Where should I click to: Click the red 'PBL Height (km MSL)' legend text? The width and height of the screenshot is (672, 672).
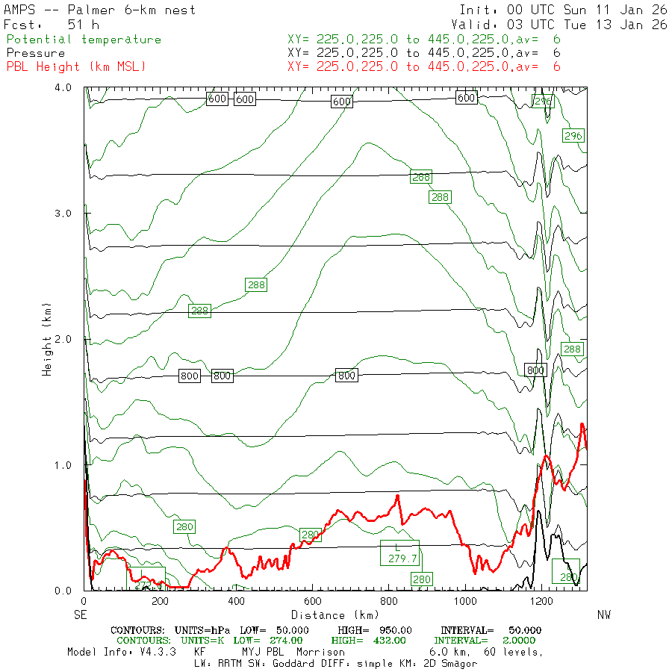[76, 67]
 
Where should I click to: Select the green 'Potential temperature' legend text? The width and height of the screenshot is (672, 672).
[84, 40]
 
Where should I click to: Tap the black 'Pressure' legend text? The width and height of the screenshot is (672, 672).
[36, 53]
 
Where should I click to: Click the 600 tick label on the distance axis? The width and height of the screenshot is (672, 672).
[312, 601]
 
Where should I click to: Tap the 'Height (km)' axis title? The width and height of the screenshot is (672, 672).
[47, 339]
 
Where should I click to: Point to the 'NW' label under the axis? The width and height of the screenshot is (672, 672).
[605, 615]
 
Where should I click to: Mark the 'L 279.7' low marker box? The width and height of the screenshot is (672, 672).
[400, 553]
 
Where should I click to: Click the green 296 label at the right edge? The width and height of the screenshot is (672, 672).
[573, 135]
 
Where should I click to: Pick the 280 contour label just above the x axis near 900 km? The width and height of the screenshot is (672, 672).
[422, 579]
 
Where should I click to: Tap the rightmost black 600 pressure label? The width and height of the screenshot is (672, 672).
[467, 98]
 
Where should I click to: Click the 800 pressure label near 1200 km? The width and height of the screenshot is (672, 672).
[535, 370]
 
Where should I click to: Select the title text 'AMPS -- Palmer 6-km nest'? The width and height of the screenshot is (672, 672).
[100, 10]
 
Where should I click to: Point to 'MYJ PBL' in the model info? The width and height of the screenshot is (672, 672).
[270, 652]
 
